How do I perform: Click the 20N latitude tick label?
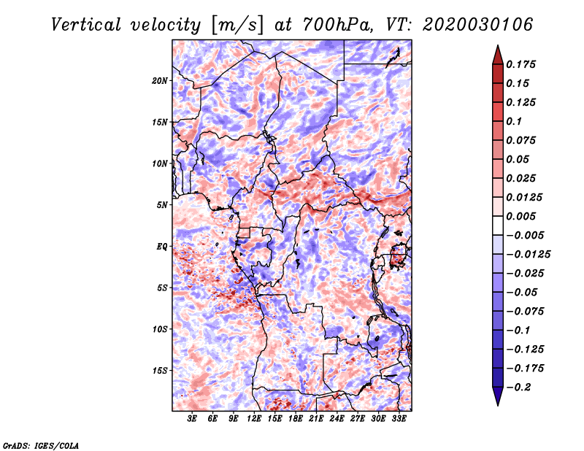coord(160,81)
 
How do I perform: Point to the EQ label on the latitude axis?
coord(162,247)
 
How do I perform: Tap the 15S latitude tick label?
coord(160,371)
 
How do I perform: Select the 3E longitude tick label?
coord(192,419)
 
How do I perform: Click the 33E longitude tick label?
coord(399,419)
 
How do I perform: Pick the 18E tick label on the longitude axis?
coord(296,419)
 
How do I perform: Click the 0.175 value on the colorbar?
coord(520,64)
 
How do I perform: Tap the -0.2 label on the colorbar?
coord(518,388)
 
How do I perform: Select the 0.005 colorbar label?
coord(520,216)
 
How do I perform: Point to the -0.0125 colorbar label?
coord(528,255)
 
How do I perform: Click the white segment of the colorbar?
coord(498,225)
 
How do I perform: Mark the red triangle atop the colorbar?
coord(498,55)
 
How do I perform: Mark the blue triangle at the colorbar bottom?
coord(498,396)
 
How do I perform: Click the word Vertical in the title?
coord(85,25)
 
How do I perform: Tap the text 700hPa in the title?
coord(337,25)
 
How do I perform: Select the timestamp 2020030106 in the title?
coord(478,25)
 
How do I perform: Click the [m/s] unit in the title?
coord(237,26)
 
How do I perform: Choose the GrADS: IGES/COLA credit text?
coord(41,445)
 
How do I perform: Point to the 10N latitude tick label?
coord(160,163)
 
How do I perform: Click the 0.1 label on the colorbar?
coord(514,121)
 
